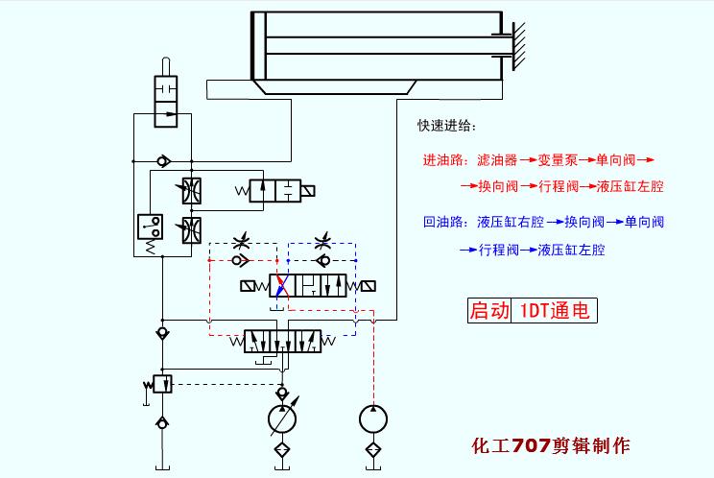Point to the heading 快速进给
445,126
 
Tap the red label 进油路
444,159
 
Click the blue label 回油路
444,222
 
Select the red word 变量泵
557,159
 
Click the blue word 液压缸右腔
511,222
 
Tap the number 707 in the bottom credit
531,445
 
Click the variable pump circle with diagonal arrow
281,419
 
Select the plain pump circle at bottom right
373,419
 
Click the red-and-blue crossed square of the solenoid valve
281,285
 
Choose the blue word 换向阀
583,222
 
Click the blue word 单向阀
644,222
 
